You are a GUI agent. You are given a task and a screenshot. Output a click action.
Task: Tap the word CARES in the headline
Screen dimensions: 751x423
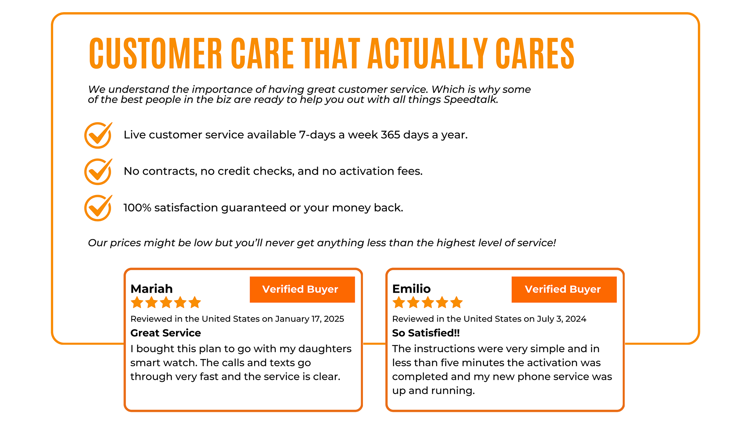pyautogui.click(x=535, y=54)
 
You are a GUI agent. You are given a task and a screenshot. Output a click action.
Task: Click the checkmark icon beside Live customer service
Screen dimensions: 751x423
pyautogui.click(x=99, y=135)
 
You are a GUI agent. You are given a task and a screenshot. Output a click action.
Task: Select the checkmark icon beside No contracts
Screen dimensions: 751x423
pyautogui.click(x=99, y=172)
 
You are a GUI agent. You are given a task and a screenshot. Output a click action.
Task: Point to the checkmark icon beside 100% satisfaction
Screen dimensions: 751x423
pyautogui.click(x=99, y=208)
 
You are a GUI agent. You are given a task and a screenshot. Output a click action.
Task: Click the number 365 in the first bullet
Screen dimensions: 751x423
pyautogui.click(x=390, y=135)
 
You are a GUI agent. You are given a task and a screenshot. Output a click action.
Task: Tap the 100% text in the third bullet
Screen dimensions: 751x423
pyautogui.click(x=137, y=208)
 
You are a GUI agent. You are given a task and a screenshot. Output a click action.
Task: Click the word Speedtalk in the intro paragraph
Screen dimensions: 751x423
pyautogui.click(x=471, y=99)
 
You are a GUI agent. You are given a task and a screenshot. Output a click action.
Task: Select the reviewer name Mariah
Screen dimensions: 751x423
pyautogui.click(x=151, y=289)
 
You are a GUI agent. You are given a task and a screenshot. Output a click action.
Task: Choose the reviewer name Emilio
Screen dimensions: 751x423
pyautogui.click(x=411, y=289)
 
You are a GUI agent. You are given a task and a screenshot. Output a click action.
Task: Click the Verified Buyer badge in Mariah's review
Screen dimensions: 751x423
pyautogui.click(x=302, y=289)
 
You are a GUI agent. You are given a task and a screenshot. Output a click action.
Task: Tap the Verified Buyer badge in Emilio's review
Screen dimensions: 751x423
pyautogui.click(x=564, y=289)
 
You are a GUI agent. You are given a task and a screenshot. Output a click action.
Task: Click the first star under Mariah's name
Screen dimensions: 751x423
pyautogui.click(x=137, y=302)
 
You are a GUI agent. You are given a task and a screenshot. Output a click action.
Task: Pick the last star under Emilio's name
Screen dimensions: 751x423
pyautogui.click(x=456, y=302)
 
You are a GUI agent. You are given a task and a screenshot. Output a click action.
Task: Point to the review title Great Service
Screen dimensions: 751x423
pyautogui.click(x=165, y=333)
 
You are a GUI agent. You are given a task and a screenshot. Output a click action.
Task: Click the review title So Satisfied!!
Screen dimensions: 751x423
pyautogui.click(x=426, y=333)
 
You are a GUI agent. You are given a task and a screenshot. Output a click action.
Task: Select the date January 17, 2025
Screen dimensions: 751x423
pyautogui.click(x=309, y=319)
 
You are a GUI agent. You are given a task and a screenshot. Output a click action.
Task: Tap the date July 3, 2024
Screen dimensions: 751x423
pyautogui.click(x=561, y=319)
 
